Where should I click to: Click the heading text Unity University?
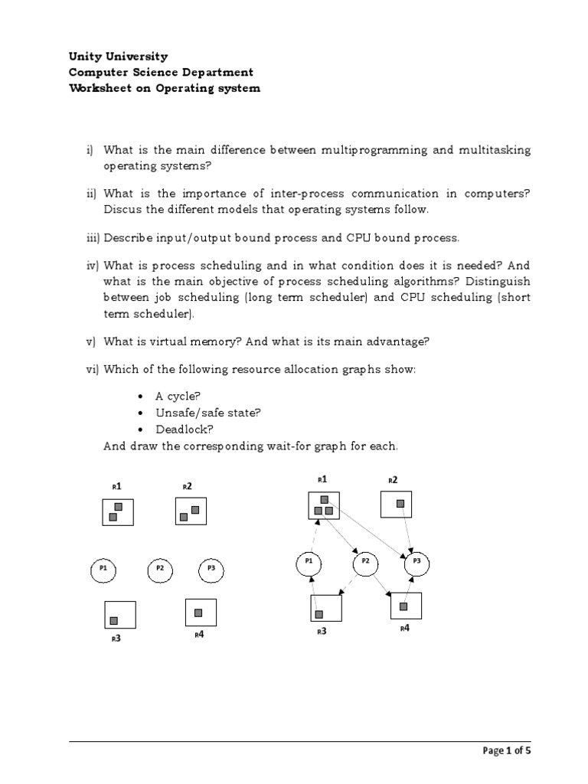coord(118,57)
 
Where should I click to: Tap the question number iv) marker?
coord(93,265)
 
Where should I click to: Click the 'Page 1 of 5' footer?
coord(507,750)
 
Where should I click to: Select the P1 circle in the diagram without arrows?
coord(103,569)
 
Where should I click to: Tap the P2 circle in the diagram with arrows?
coord(365,563)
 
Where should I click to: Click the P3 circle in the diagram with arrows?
coord(416,563)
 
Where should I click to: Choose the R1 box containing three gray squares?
coord(324,505)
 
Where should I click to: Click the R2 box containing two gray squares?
coord(190,511)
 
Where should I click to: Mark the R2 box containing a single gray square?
coord(397,505)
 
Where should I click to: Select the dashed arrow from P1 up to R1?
coord(313,536)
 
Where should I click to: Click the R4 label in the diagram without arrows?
coord(199,634)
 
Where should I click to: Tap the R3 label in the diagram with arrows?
coord(322,632)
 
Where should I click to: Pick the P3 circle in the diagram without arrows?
coord(211,569)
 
